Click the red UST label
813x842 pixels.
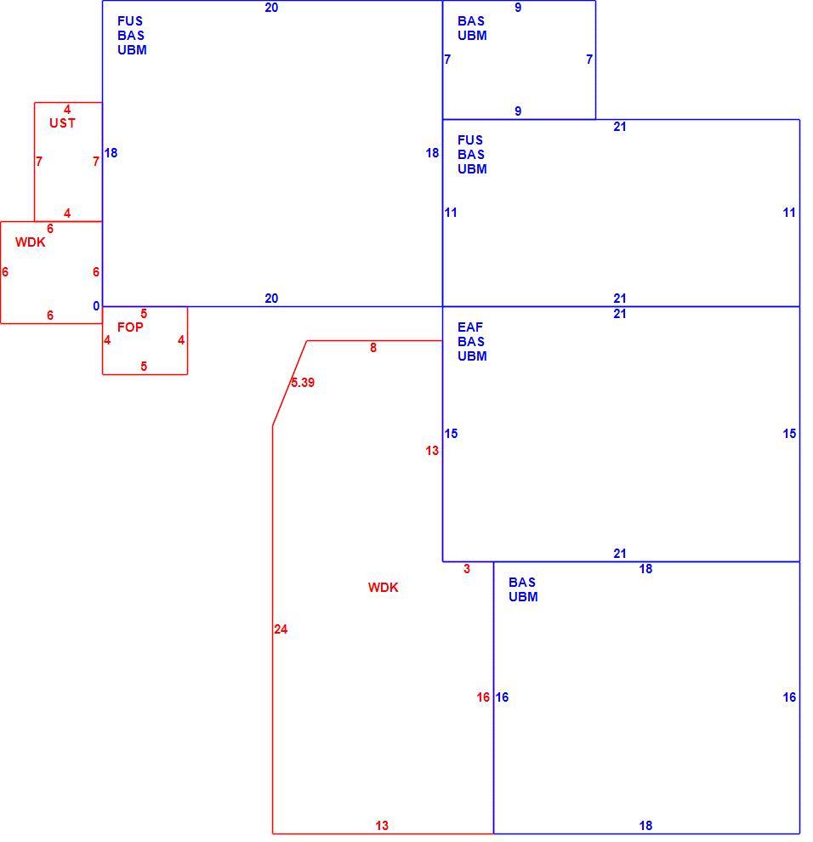click(62, 123)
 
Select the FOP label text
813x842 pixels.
click(130, 327)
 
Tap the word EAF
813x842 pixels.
click(470, 327)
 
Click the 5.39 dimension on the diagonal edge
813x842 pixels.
click(303, 383)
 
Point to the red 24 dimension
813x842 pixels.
click(281, 629)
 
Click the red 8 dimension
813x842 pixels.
click(373, 348)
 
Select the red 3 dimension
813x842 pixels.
click(467, 569)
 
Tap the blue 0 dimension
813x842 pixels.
click(96, 306)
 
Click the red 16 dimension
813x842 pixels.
click(483, 697)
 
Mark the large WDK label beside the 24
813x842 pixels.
click(384, 588)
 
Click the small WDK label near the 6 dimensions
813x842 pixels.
click(31, 242)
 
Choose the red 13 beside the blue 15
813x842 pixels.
click(432, 451)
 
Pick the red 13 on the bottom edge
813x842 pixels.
click(382, 825)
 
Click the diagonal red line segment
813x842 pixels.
click(289, 384)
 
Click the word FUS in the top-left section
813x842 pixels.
click(130, 21)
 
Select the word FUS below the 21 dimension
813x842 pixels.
click(470, 140)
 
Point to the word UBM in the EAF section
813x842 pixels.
click(472, 356)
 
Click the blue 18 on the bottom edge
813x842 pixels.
click(645, 825)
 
